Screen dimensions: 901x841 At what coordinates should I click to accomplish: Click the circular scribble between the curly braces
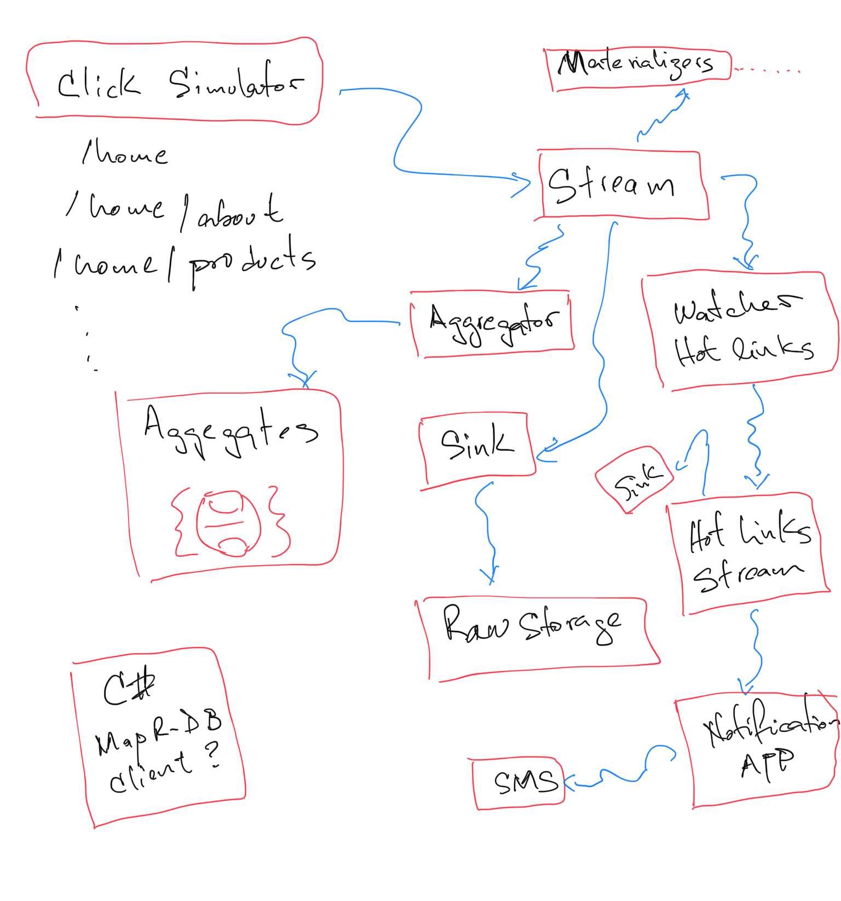[x=228, y=523]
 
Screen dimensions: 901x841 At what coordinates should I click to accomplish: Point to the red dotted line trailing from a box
[x=767, y=70]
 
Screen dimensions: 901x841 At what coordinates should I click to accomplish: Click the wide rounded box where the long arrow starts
[x=174, y=81]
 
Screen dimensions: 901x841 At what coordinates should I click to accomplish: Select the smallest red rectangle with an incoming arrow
[x=518, y=783]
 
